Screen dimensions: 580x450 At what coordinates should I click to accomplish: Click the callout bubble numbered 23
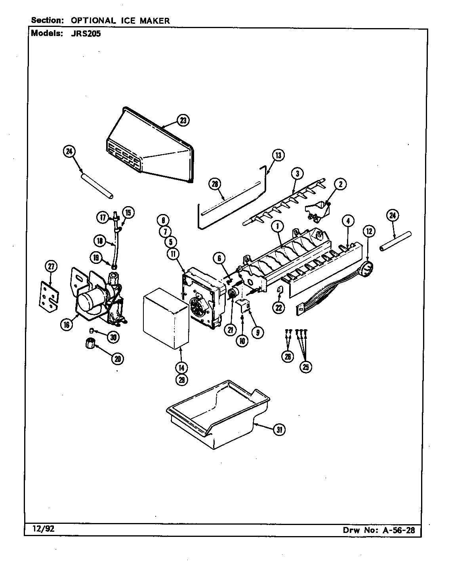pos(183,120)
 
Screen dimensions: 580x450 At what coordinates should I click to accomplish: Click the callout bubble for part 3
pos(297,173)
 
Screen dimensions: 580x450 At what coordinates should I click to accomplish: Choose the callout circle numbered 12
pos(369,231)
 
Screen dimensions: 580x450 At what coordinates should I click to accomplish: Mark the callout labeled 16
pos(66,325)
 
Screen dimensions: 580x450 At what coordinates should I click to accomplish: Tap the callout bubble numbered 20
pos(117,358)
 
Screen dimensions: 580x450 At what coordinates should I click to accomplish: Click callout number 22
pos(279,307)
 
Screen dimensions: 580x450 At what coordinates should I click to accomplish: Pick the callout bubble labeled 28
pos(215,184)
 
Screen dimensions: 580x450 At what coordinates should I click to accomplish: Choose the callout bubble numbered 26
pos(288,356)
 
